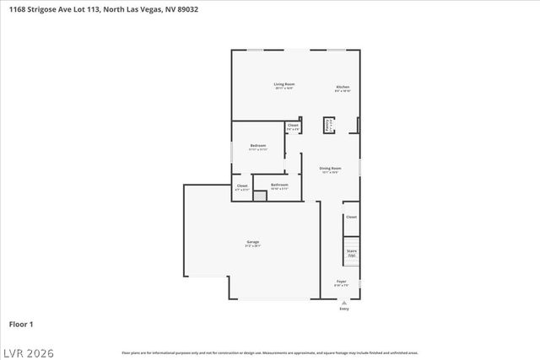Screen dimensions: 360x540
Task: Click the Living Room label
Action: coord(283,84)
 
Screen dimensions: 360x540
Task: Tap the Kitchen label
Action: coord(343,88)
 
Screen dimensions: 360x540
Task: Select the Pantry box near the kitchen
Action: coord(329,125)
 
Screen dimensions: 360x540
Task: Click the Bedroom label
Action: coord(258,147)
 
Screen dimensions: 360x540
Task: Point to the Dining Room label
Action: coord(330,169)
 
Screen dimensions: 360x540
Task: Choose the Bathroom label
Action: coord(279,185)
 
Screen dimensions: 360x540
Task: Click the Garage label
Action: coord(253,243)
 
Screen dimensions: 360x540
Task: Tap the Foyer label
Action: coord(342,282)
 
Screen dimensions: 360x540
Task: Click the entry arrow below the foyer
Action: coord(343,301)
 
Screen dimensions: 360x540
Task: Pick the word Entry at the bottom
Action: coord(343,309)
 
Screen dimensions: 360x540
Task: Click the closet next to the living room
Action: coord(293,126)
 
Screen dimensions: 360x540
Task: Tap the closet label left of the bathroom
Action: coord(242,186)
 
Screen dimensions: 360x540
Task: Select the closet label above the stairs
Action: coord(351,217)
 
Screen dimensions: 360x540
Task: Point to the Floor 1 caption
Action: coord(21,324)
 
